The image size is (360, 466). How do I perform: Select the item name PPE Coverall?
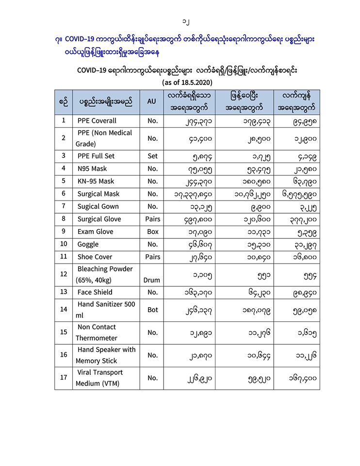point(97,120)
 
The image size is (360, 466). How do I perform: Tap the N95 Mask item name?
point(92,168)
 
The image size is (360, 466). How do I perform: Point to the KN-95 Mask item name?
point(96,181)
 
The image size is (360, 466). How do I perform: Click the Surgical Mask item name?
point(99,194)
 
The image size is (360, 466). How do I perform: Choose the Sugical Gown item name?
point(98,206)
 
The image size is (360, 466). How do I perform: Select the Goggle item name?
point(88,244)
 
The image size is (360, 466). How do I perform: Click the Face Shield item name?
point(95,292)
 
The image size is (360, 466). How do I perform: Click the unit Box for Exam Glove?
point(152,232)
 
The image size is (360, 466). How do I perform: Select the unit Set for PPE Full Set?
point(152,156)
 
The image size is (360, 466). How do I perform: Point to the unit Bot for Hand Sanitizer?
point(152,310)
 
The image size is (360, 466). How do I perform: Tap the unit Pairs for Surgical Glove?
point(152,219)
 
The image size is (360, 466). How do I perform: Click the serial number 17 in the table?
point(64,378)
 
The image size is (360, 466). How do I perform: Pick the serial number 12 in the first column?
point(64,274)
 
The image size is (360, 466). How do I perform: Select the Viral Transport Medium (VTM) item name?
point(100,378)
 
